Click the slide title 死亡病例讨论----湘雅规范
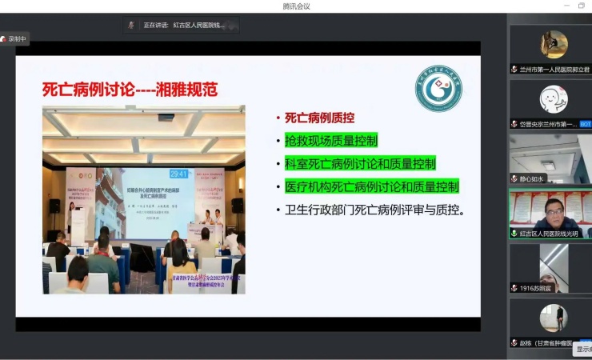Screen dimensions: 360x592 click(x=130, y=88)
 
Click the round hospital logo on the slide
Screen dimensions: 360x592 click(x=438, y=88)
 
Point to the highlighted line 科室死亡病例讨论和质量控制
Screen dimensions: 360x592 click(x=360, y=164)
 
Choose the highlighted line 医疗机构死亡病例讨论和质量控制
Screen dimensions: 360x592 click(x=372, y=187)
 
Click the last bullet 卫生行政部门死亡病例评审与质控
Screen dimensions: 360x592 click(x=375, y=210)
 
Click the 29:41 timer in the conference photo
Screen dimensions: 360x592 click(x=178, y=174)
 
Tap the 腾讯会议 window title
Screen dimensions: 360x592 click(x=296, y=6)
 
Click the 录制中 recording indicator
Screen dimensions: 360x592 click(x=14, y=38)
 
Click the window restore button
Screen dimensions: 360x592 click(x=581, y=6)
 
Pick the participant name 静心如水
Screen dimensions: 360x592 click(x=532, y=178)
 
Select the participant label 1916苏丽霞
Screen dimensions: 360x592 click(x=536, y=287)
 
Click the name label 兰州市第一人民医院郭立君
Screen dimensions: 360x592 click(x=553, y=70)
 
